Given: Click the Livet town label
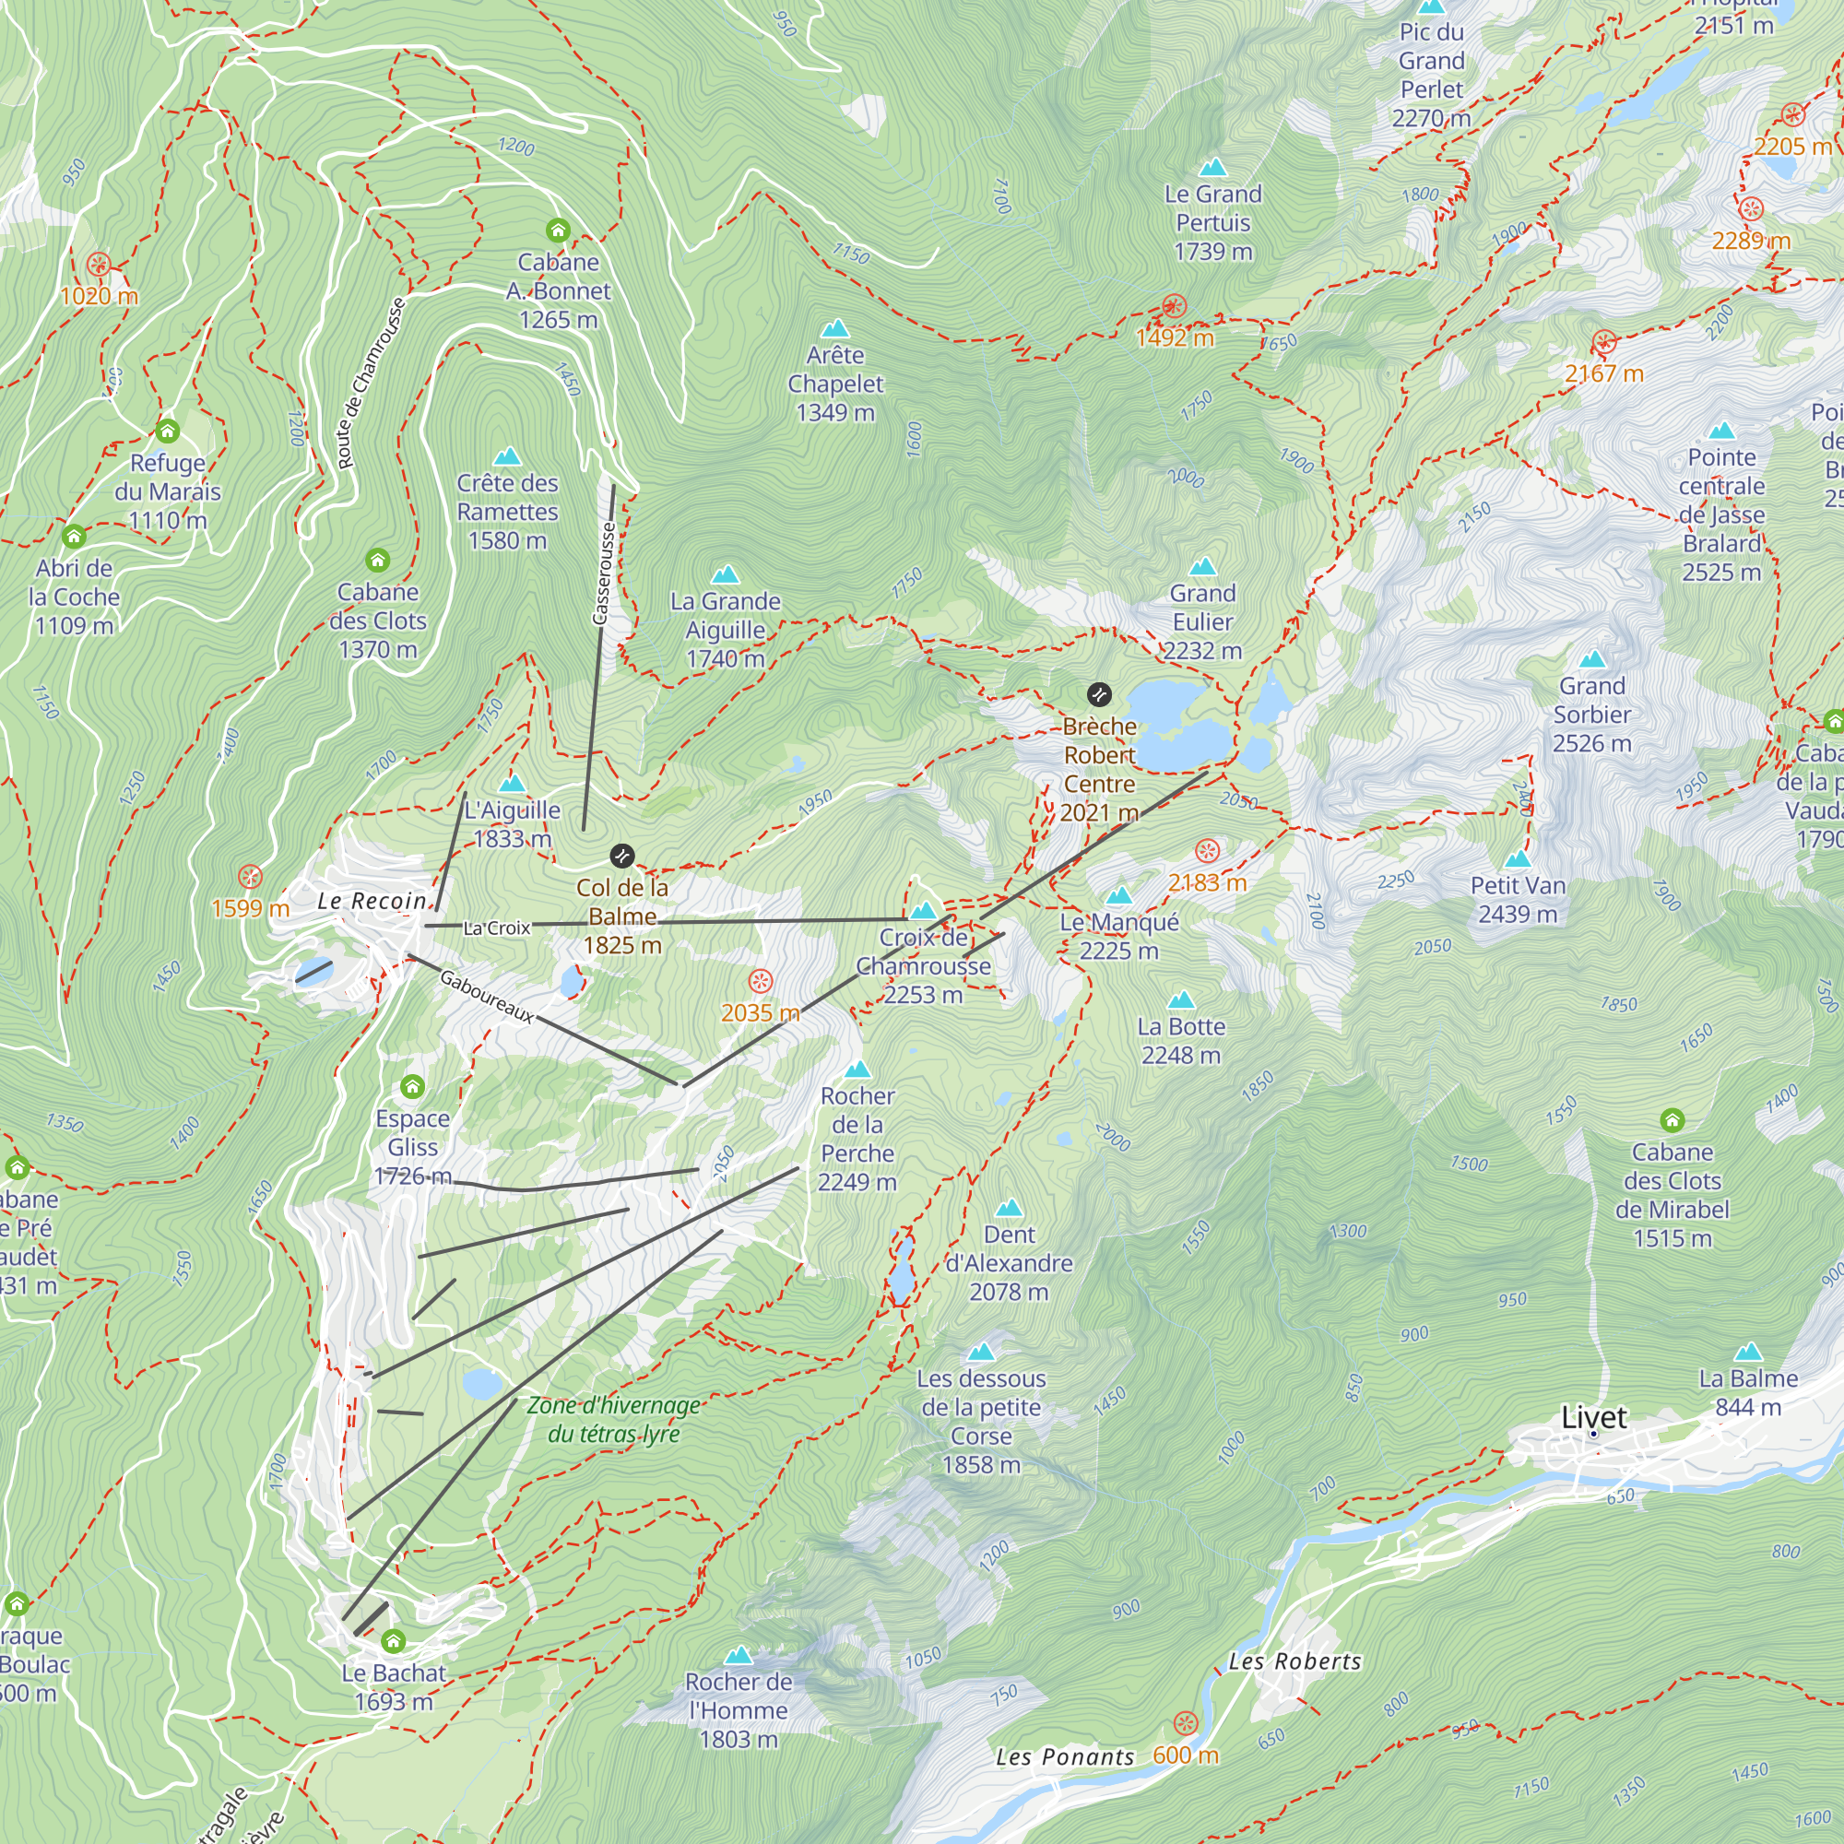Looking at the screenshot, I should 1594,1417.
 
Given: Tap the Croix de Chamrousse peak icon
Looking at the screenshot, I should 923,911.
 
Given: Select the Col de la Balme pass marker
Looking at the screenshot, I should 622,856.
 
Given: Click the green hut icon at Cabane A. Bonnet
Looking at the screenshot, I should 559,230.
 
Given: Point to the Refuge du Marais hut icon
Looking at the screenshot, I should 168,431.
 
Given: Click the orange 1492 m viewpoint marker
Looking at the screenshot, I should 1174,306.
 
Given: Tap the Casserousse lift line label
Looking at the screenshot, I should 605,573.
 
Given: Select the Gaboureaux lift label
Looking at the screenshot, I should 487,997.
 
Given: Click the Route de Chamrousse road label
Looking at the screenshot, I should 372,383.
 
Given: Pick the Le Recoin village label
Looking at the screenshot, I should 372,900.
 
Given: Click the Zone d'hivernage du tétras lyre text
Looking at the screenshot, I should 614,1419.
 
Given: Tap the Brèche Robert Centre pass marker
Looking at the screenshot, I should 1100,694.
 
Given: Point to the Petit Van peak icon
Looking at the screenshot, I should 1518,858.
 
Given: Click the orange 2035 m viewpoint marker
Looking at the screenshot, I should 761,981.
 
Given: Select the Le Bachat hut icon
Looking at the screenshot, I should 394,1642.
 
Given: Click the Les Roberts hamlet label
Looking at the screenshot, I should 1294,1661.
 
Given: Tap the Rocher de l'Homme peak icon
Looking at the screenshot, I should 739,1655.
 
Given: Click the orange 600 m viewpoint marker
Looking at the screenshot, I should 1186,1724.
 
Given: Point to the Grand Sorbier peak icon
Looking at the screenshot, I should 1592,658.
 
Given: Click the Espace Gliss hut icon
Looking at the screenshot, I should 412,1086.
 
